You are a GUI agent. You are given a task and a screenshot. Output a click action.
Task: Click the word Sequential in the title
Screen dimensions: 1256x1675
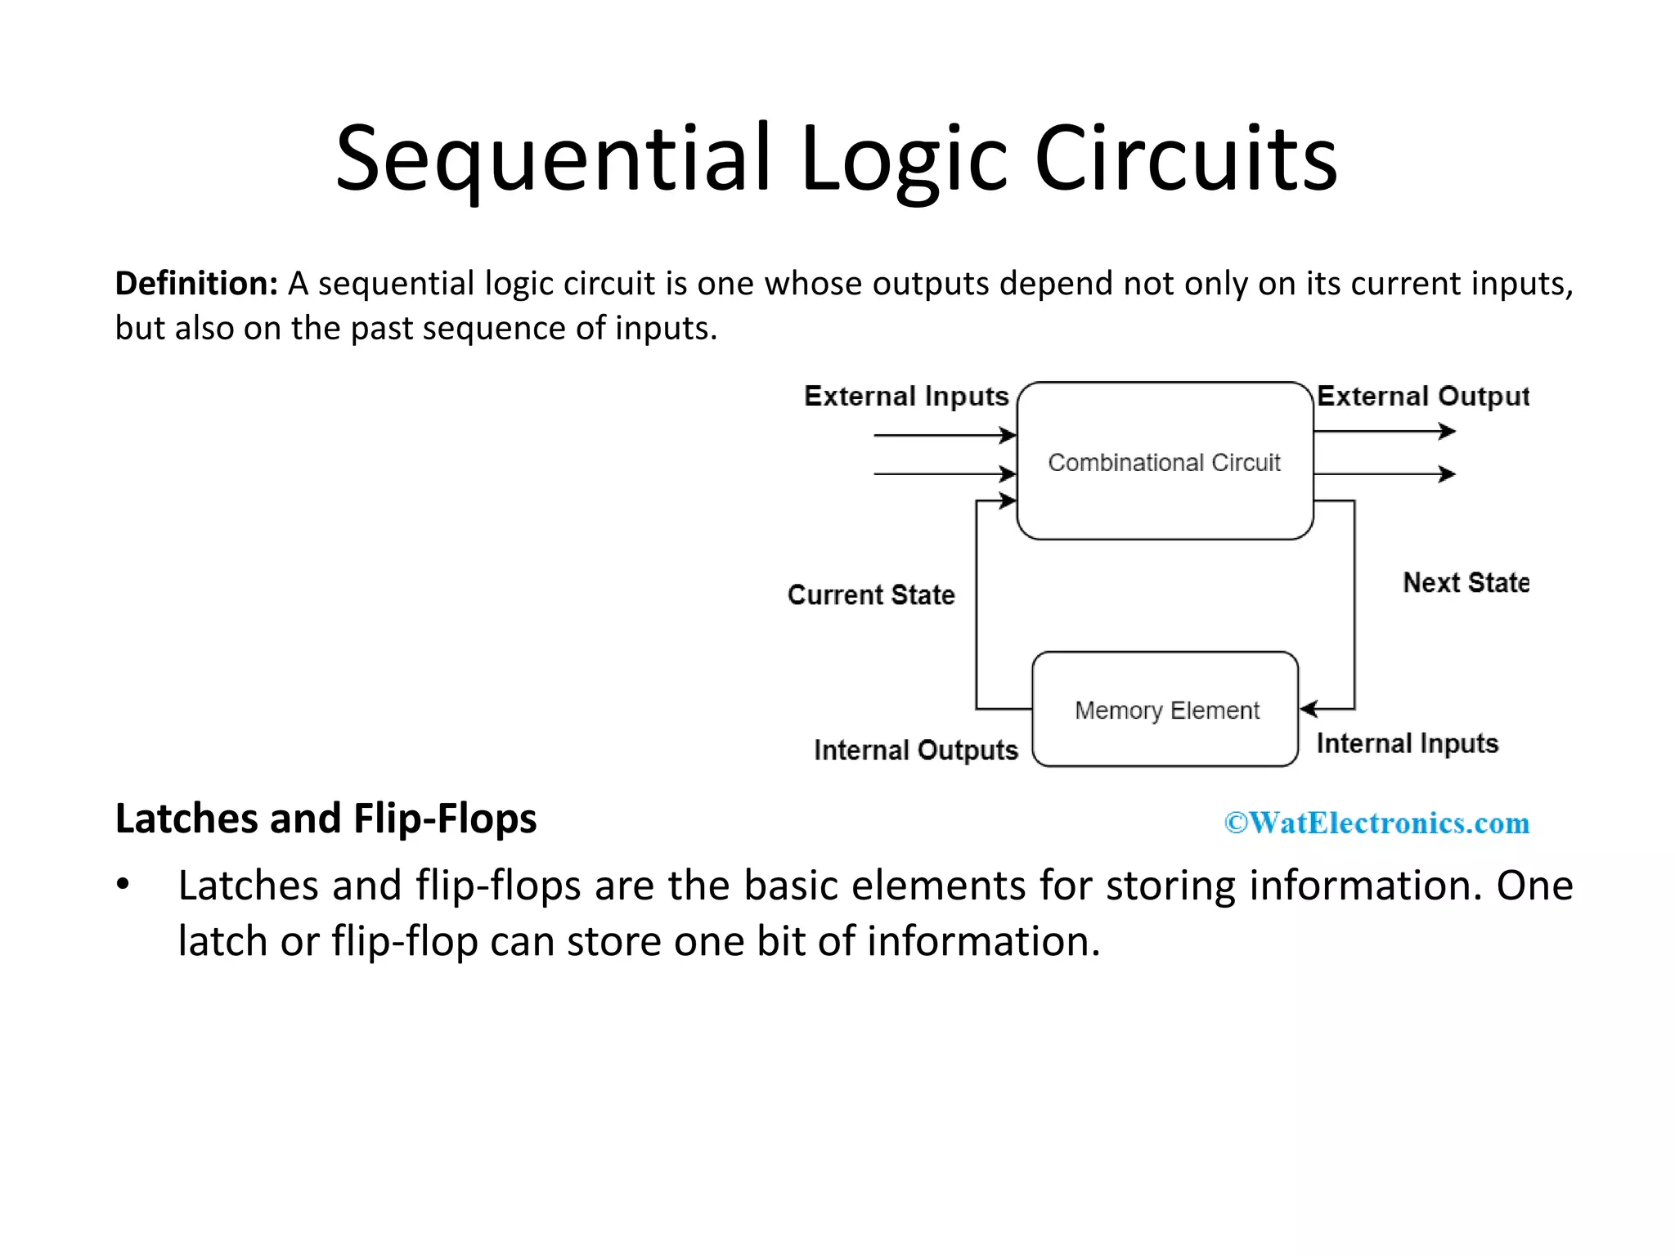[x=553, y=159]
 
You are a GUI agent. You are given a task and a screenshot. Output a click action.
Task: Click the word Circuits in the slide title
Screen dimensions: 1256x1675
[x=1185, y=159]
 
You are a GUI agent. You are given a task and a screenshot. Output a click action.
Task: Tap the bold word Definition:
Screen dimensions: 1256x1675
[x=196, y=284]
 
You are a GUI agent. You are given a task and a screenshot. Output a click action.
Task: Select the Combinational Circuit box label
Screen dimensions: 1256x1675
[x=1164, y=463]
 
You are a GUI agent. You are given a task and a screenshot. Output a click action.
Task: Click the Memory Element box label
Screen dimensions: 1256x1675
[x=1166, y=710]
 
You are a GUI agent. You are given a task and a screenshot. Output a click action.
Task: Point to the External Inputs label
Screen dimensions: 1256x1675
[x=906, y=397]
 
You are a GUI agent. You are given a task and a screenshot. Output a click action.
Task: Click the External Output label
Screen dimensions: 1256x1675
[x=1422, y=397]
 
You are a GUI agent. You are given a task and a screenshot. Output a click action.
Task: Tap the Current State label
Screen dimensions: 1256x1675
[x=871, y=594]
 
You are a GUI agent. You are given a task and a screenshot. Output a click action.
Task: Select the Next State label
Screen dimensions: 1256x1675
[x=1466, y=583]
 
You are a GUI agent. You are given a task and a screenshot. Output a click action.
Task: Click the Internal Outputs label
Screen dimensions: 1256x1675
[x=915, y=750]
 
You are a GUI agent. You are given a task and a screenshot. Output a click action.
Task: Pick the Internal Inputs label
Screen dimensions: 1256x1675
[x=1407, y=743]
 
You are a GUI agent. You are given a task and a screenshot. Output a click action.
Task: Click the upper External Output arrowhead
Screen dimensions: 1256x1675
[x=1448, y=431]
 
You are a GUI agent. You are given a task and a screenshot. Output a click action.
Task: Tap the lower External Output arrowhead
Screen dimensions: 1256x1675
[x=1448, y=473]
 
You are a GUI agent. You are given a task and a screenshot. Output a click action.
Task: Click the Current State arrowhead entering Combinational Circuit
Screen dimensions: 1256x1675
[x=1008, y=500]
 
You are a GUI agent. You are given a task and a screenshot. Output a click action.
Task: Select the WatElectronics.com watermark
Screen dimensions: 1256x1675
[x=1376, y=823]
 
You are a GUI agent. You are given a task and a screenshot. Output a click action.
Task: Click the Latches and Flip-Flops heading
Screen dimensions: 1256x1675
[x=326, y=819]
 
